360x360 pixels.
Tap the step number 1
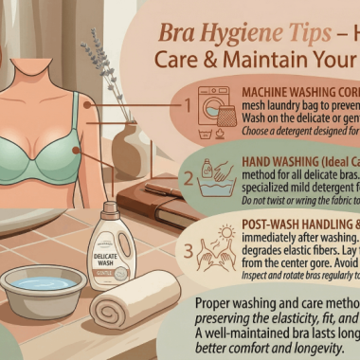click(188, 106)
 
